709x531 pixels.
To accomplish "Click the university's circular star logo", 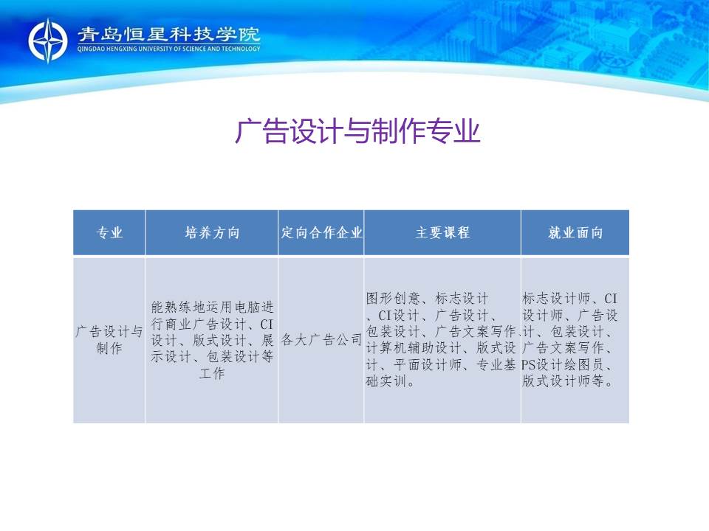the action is (48, 41).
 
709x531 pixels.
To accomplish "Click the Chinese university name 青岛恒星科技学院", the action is (168, 35).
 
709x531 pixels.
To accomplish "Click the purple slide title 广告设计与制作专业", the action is (357, 131).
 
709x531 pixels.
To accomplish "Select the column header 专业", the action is (109, 232).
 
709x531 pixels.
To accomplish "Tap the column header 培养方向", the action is (212, 232).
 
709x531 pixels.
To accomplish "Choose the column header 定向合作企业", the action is (321, 232).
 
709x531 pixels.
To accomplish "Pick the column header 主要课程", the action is (442, 232).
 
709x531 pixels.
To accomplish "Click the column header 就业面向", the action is (575, 232).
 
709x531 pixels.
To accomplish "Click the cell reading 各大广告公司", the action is (321, 339).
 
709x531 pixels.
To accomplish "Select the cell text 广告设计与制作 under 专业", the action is (109, 339).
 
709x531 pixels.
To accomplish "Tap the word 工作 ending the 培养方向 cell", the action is (212, 373).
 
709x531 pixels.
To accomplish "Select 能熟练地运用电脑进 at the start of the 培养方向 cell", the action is (212, 307).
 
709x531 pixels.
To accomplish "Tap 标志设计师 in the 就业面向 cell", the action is (556, 298).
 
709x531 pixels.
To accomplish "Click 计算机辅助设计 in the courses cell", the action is (414, 348).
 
